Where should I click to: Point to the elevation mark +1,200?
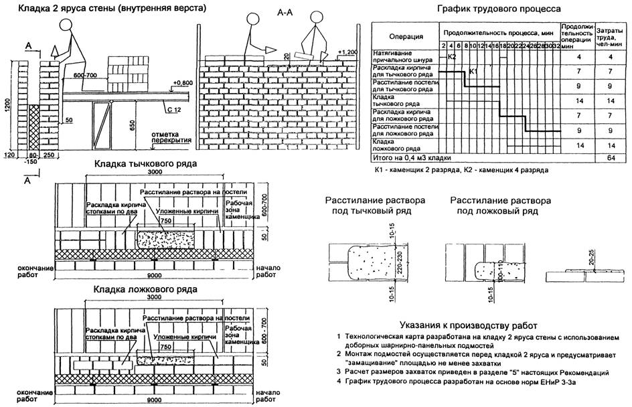[350, 52]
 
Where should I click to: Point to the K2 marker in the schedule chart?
[452, 57]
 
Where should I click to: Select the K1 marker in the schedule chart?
[474, 70]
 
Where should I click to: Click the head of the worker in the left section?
[66, 26]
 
